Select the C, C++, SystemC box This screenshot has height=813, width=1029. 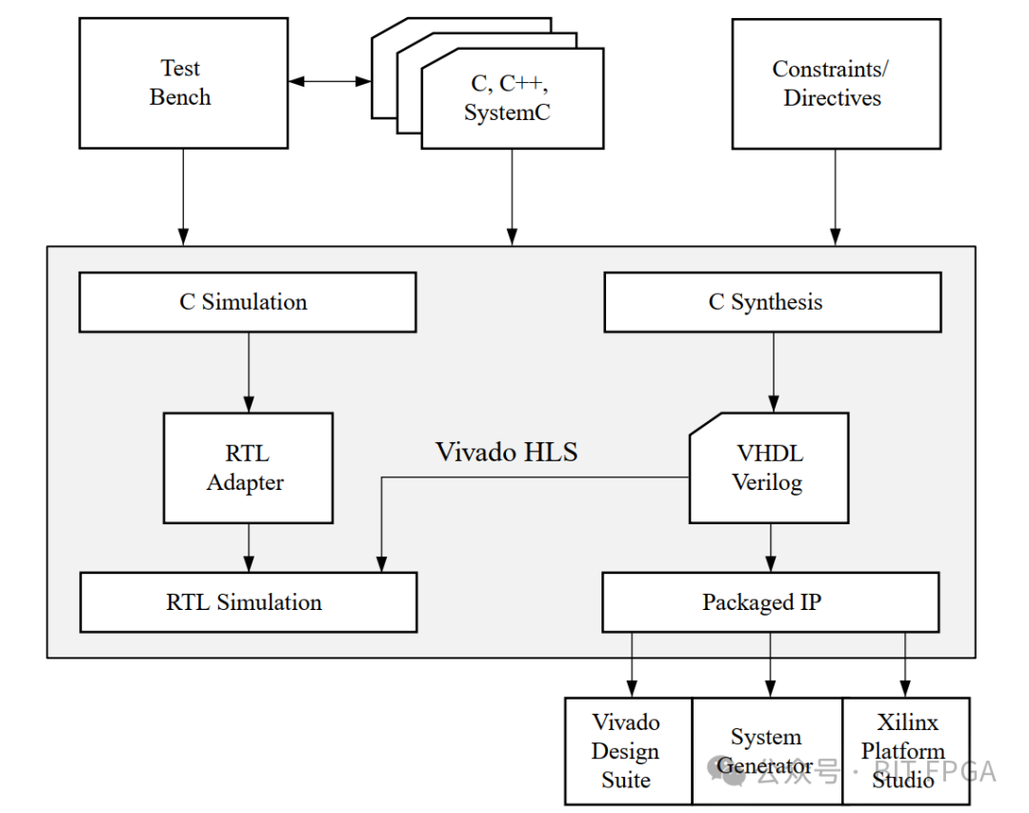[512, 99]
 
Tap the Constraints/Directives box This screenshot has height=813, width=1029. [836, 84]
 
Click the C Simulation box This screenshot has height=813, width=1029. [247, 302]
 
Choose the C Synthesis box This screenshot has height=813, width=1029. [772, 302]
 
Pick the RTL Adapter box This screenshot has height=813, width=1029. [248, 468]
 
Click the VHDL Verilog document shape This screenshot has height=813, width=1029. [768, 468]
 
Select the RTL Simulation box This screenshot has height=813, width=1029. [248, 602]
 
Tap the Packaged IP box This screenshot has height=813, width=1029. [769, 602]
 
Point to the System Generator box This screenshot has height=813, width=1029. [767, 751]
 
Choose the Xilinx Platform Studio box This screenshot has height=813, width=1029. [905, 751]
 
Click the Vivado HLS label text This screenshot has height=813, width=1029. [506, 452]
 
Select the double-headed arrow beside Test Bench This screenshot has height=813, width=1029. [329, 82]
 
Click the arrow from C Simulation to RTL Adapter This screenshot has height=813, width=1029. [249, 372]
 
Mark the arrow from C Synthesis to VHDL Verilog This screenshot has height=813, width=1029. [773, 372]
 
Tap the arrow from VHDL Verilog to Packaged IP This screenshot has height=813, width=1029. [771, 547]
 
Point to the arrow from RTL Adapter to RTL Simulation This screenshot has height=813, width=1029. [249, 547]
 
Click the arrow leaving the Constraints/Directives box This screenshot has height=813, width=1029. [836, 195]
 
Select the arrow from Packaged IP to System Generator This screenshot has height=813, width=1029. [771, 664]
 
